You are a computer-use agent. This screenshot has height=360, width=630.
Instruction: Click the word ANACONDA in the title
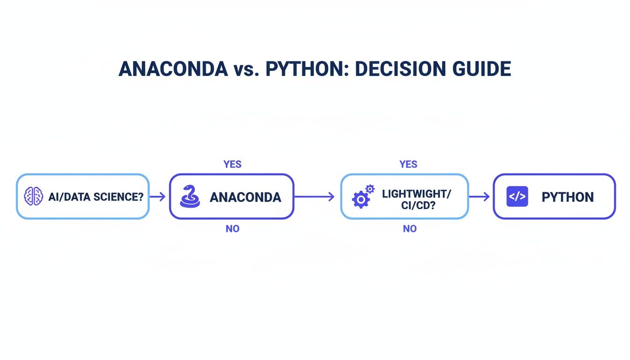[173, 69]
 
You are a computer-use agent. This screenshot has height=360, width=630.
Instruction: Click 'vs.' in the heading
[246, 69]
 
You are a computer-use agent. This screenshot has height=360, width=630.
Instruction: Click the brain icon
[34, 196]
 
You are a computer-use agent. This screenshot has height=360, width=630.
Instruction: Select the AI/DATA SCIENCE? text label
[96, 197]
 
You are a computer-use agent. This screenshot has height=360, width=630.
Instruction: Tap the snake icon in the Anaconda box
[190, 196]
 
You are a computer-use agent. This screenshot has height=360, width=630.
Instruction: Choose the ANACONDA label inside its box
[245, 197]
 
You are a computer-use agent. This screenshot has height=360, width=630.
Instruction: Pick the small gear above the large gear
[370, 189]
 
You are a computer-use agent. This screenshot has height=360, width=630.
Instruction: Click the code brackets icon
[517, 196]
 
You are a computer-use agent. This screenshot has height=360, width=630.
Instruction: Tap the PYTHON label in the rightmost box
[567, 197]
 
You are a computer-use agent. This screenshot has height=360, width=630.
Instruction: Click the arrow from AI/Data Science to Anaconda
[158, 197]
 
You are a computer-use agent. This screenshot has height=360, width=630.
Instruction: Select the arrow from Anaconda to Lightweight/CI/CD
[314, 197]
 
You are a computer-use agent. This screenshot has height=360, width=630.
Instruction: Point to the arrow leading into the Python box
[480, 197]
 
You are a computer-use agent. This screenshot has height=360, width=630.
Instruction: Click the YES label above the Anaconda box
[232, 164]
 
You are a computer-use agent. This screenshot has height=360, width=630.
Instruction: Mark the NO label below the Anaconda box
[232, 229]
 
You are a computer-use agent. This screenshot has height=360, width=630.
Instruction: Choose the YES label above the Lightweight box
[408, 164]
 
